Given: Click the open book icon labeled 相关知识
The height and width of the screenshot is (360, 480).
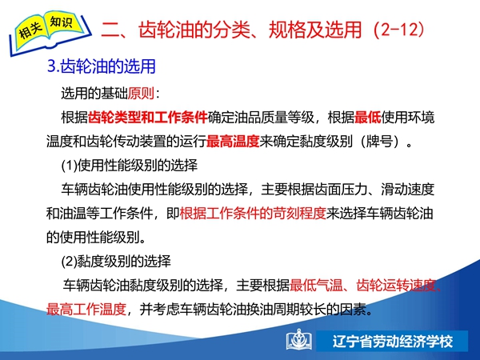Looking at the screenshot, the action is (x=50, y=33).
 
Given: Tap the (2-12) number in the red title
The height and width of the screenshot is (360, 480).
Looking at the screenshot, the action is (x=399, y=30).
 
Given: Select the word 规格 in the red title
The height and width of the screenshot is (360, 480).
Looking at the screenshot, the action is (x=287, y=30).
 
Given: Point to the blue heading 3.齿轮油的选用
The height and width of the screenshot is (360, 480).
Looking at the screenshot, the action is (x=102, y=66).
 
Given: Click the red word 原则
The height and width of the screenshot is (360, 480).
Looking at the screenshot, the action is (x=141, y=93).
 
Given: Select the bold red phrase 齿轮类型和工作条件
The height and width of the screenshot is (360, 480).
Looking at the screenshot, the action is (x=148, y=118).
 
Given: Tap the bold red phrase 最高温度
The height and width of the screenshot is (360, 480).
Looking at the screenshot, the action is (x=233, y=142).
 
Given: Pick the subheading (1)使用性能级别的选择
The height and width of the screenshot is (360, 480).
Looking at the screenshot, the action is (x=130, y=166).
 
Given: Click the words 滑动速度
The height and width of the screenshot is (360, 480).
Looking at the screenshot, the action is (x=408, y=189).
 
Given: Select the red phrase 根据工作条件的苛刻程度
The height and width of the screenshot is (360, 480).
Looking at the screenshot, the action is (x=253, y=213).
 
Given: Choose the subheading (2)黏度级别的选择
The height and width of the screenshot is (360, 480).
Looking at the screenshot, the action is (x=116, y=261).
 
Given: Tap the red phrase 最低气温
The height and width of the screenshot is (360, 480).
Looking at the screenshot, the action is (x=316, y=286).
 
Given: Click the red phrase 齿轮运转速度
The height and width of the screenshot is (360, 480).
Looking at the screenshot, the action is (x=396, y=286).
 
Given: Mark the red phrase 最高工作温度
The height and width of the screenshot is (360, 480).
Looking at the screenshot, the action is (x=86, y=309).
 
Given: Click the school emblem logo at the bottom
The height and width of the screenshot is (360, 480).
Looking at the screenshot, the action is (x=299, y=340).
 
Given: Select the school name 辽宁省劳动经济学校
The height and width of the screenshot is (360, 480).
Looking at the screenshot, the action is (x=393, y=342).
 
